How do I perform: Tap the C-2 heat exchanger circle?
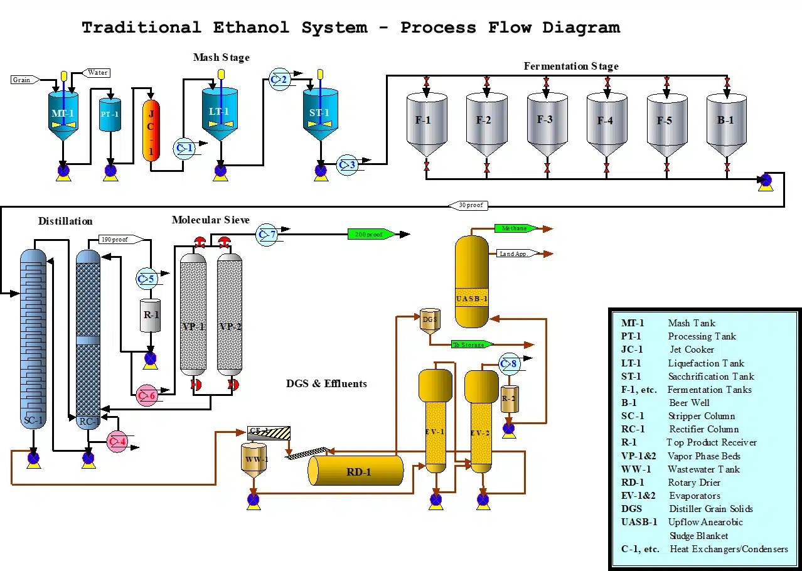[x=279, y=80]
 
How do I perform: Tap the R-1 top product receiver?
[x=151, y=316]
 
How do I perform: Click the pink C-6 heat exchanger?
[x=146, y=395]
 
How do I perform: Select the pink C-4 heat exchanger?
[x=117, y=441]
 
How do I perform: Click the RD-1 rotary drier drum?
[x=356, y=471]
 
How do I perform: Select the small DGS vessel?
[x=430, y=320]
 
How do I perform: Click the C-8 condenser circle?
[x=509, y=364]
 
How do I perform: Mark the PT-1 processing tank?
[x=110, y=115]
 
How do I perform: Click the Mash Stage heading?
[x=221, y=58]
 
